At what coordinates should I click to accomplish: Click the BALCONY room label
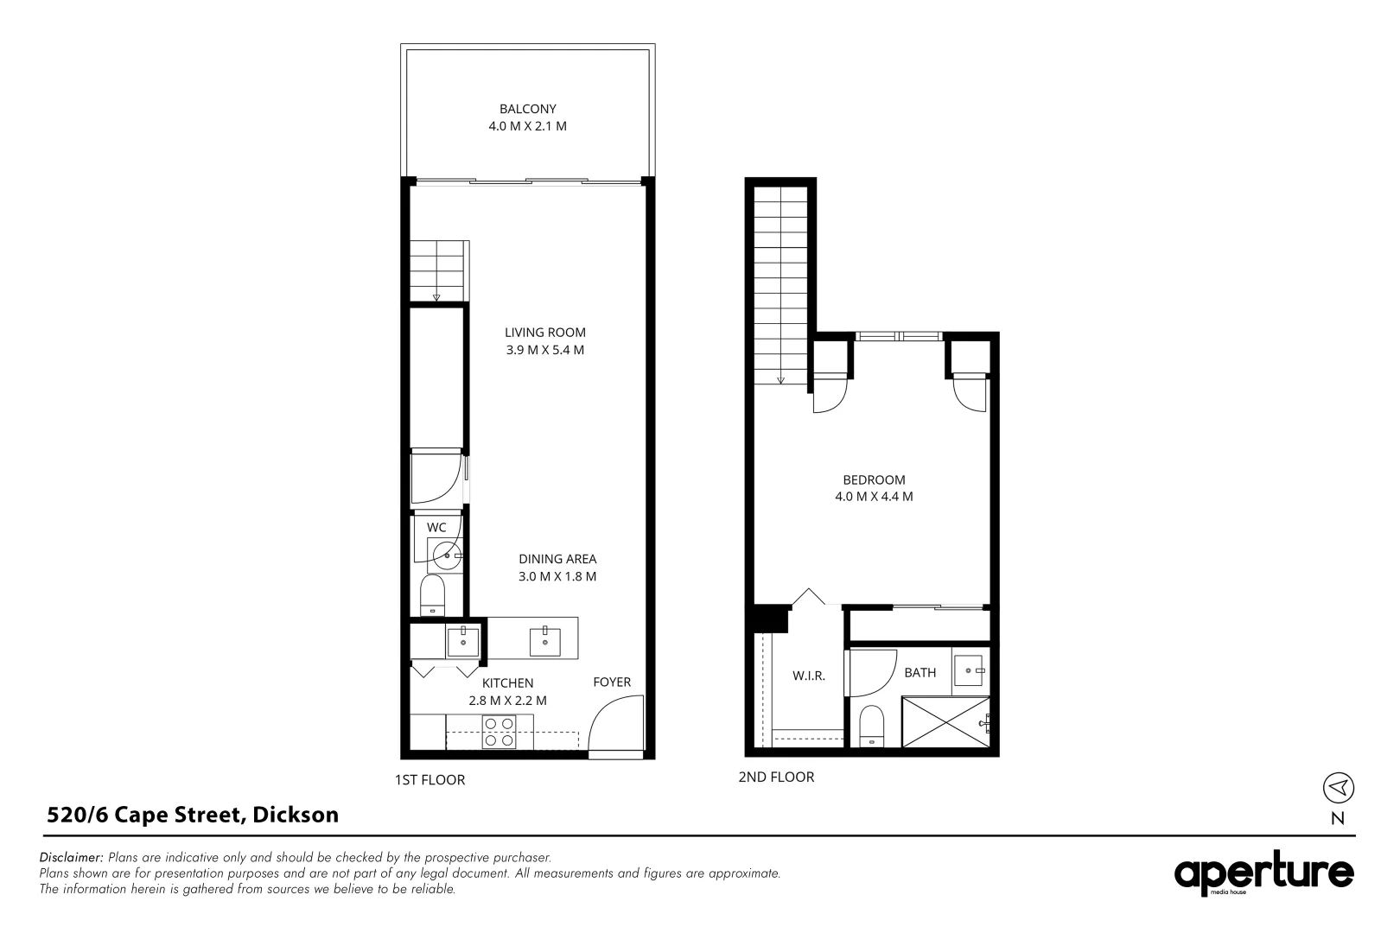pos(527,109)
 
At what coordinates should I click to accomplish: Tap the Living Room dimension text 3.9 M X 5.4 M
pos(545,350)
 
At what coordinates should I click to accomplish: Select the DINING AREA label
pos(557,559)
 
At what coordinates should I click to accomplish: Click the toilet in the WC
pos(432,594)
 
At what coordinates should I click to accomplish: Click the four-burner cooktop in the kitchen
pos(499,732)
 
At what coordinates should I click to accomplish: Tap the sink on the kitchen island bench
pos(544,642)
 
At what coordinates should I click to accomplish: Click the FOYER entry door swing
pos(615,726)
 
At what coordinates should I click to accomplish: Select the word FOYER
pos(612,682)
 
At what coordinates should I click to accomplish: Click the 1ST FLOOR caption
pos(430,780)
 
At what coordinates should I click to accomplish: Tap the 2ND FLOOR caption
pos(776,777)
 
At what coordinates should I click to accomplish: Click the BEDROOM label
pos(874,479)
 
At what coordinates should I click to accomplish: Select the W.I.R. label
pos(809,676)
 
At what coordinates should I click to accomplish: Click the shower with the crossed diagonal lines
pos(945,721)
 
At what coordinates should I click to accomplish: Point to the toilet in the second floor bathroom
pos(873,726)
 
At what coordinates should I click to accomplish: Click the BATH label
pos(920,672)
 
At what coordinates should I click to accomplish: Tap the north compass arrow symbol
pos(1339,787)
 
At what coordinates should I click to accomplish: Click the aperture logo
pos(1263,874)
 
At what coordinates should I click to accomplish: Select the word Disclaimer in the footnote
pos(72,858)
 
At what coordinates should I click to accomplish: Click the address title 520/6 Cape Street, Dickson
pos(193,814)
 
